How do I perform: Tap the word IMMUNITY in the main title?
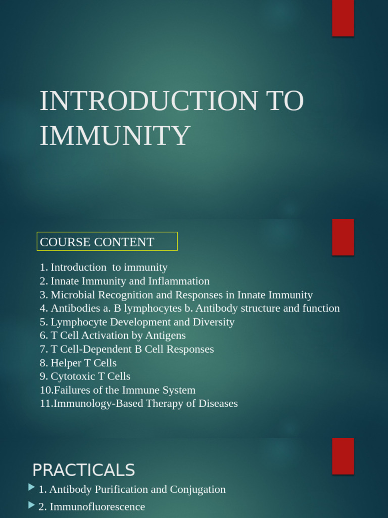(115, 135)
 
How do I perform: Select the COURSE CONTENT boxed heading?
(107, 242)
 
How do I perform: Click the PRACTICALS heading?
(84, 470)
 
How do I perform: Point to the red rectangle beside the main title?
(343, 18)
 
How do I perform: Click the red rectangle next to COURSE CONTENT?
(343, 237)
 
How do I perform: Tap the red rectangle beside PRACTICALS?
(343, 456)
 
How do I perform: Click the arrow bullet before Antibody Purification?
(32, 488)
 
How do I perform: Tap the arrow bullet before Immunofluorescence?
(32, 505)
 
